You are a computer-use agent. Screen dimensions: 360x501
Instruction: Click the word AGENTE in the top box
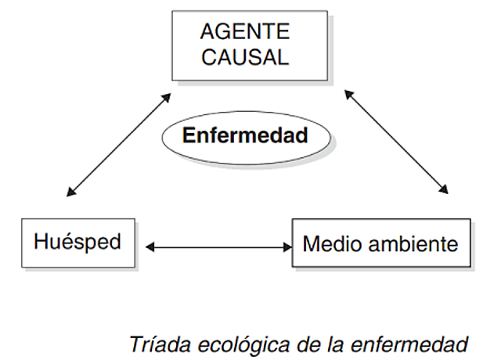tap(244, 32)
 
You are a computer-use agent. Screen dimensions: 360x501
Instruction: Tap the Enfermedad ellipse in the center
tap(245, 135)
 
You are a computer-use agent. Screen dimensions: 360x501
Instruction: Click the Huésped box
tap(77, 241)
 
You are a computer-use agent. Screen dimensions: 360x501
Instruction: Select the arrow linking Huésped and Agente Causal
tap(119, 144)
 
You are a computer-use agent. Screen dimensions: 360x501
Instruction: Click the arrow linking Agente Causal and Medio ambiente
tap(397, 142)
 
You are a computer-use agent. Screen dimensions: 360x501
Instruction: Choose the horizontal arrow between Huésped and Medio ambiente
tap(218, 248)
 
